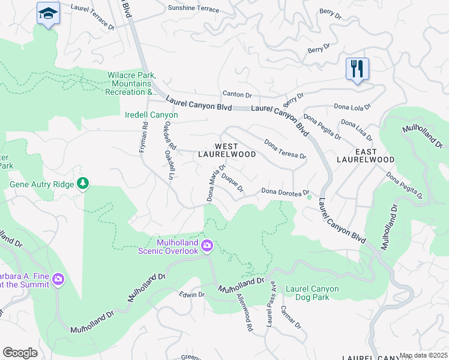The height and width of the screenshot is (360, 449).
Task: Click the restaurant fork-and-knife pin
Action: tap(357, 69)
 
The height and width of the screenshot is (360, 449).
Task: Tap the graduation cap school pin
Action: tap(47, 13)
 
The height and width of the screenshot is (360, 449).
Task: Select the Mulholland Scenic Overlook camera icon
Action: tap(207, 245)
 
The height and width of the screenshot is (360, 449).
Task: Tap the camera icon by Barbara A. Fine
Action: tap(58, 279)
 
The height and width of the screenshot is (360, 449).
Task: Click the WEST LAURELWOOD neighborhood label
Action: tap(227, 150)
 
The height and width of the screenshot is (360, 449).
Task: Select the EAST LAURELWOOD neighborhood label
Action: tap(365, 155)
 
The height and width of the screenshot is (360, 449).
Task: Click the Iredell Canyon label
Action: tap(151, 115)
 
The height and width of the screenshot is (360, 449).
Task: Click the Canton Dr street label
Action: tap(237, 94)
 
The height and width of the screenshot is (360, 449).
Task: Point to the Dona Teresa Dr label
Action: tap(285, 150)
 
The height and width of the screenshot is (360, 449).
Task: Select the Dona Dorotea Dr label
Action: tap(284, 191)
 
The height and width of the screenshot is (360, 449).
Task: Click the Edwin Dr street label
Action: tap(192, 295)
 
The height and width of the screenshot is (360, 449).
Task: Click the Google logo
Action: tap(20, 352)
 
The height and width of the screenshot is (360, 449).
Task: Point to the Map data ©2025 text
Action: tap(423, 355)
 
